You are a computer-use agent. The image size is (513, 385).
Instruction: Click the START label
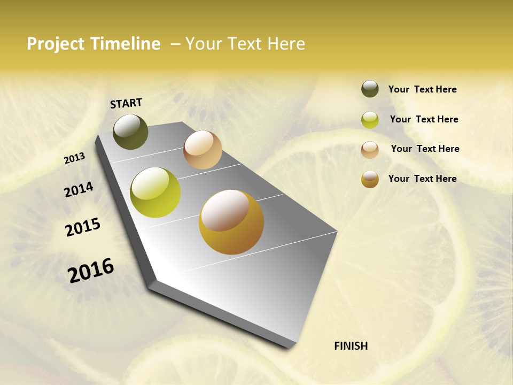click(x=126, y=103)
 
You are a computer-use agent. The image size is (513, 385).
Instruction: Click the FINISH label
click(x=351, y=346)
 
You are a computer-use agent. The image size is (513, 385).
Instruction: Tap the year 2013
click(x=74, y=158)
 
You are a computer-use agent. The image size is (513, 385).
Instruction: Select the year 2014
click(x=79, y=189)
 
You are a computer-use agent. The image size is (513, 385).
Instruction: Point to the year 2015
click(x=83, y=227)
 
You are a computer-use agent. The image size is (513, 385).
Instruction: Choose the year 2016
click(x=91, y=270)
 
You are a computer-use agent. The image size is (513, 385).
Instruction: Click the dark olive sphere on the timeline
click(x=130, y=132)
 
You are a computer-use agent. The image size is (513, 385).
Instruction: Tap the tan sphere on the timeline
click(x=203, y=150)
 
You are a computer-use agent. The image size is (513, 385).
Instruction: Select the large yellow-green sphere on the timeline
click(x=156, y=192)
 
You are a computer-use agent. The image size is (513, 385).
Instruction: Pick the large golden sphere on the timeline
click(x=231, y=222)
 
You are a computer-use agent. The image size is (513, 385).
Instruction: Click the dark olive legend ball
click(x=370, y=89)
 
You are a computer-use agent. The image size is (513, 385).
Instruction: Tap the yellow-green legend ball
click(x=370, y=120)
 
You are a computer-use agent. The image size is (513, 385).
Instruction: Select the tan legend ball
click(x=370, y=150)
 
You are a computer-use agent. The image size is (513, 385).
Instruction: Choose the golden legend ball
click(x=370, y=179)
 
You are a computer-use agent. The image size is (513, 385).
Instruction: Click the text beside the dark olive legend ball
click(x=422, y=90)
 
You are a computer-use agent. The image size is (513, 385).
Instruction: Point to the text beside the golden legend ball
click(x=422, y=179)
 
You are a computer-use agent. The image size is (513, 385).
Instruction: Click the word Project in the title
click(x=56, y=44)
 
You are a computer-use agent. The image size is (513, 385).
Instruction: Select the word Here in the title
click(x=286, y=44)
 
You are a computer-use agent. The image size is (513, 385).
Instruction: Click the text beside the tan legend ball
click(x=425, y=149)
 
